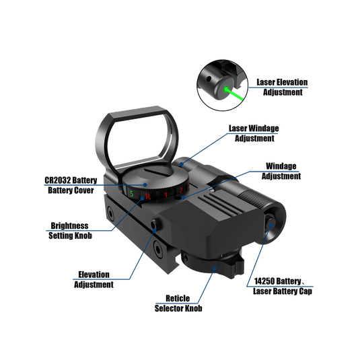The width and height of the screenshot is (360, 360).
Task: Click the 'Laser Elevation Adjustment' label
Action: [x=281, y=87]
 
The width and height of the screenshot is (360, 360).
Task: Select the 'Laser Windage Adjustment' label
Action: [x=254, y=133]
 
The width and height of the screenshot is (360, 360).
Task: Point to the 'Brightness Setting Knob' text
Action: [x=71, y=231]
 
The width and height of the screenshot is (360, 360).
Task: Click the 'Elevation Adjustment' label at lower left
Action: [x=94, y=279]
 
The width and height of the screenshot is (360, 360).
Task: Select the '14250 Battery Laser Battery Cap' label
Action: [x=282, y=286]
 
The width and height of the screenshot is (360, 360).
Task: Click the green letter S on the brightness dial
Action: [x=133, y=194]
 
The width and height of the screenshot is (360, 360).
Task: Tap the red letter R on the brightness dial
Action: [x=148, y=196]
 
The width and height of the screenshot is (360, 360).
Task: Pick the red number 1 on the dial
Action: [x=165, y=196]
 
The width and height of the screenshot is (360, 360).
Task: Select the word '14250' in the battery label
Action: [x=265, y=281]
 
